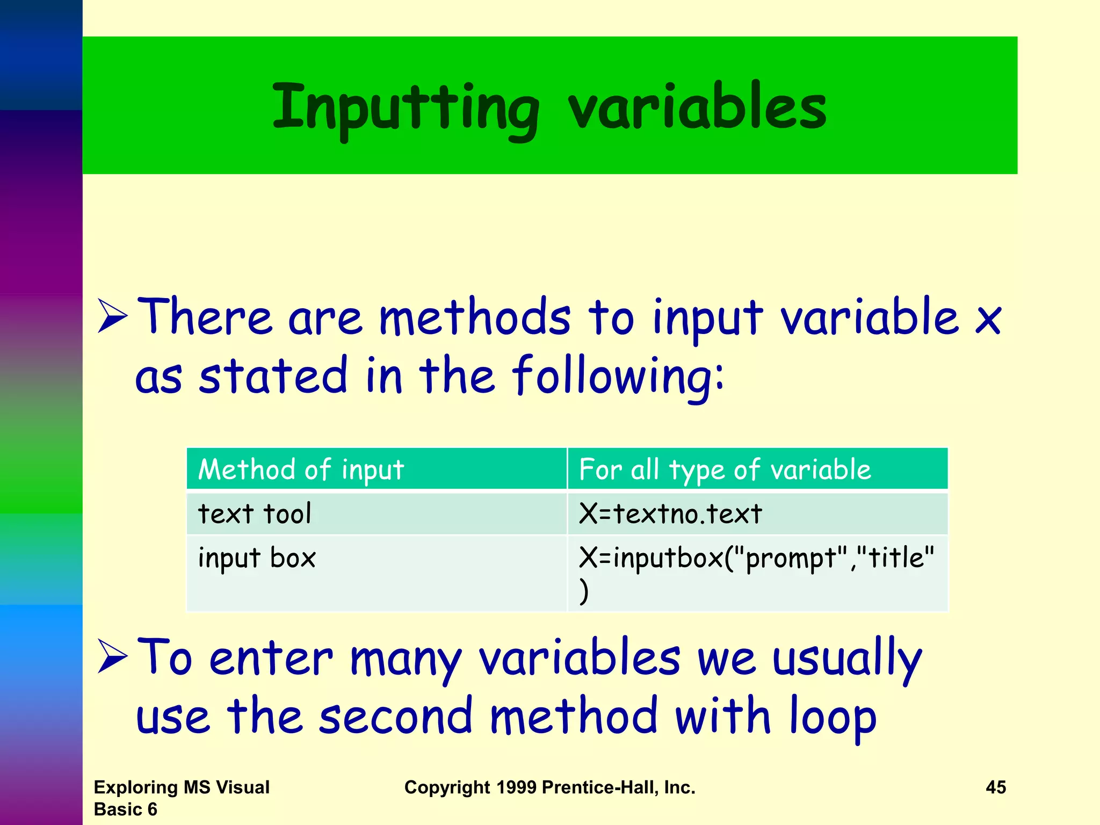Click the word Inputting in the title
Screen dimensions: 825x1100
pyautogui.click(x=406, y=107)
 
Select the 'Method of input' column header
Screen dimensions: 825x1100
pyautogui.click(x=301, y=469)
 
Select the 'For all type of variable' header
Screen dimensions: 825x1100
pyautogui.click(x=725, y=469)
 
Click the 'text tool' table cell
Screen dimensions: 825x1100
pyautogui.click(x=255, y=513)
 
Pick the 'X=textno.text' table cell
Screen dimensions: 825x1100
pyautogui.click(x=670, y=513)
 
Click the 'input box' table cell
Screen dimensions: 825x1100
pyautogui.click(x=257, y=558)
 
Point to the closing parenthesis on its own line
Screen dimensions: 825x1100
pyautogui.click(x=584, y=591)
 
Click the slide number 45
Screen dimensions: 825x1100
pyautogui.click(x=995, y=787)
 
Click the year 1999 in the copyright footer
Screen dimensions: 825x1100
pyautogui.click(x=516, y=787)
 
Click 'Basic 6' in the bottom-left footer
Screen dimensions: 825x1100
pyautogui.click(x=125, y=809)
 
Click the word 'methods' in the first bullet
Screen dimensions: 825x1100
pyautogui.click(x=475, y=318)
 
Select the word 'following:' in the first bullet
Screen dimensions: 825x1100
pyautogui.click(x=618, y=376)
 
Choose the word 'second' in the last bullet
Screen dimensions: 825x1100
pyautogui.click(x=395, y=717)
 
